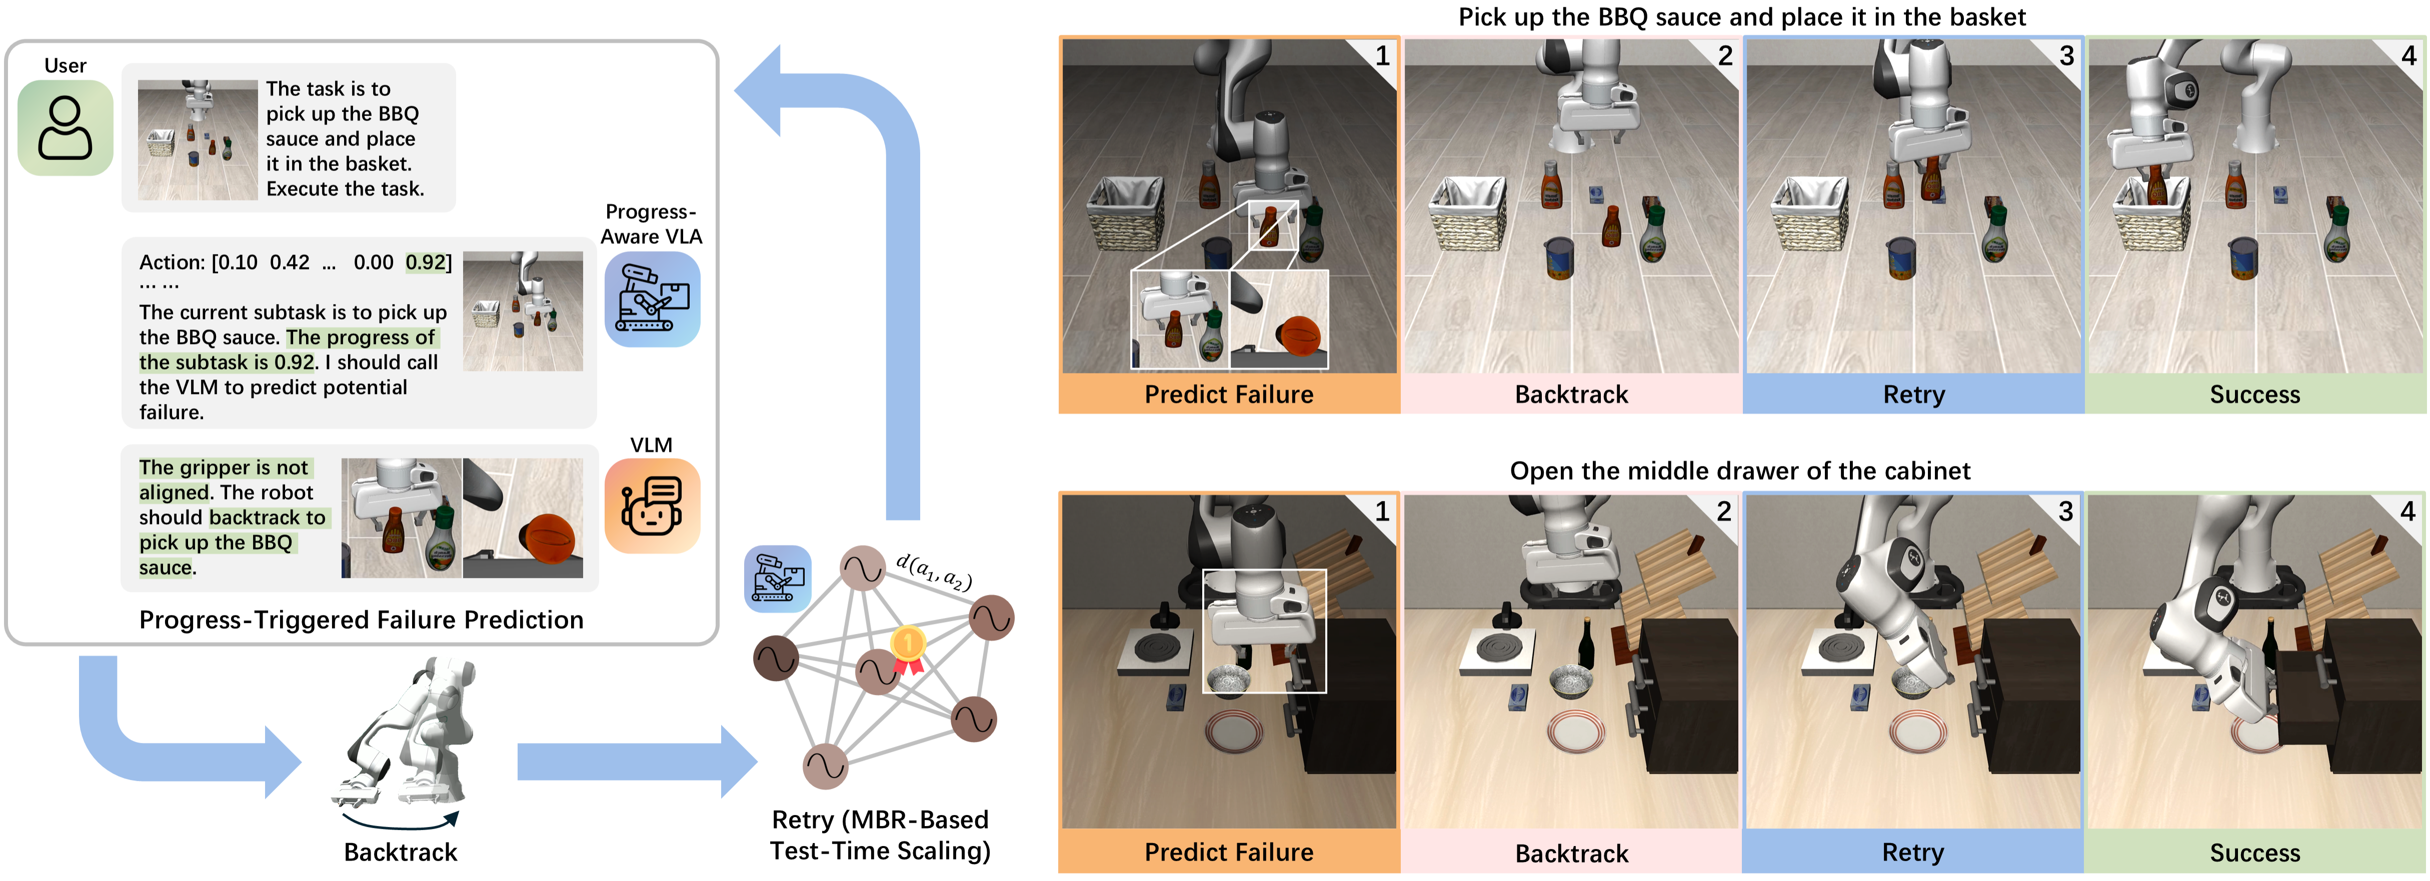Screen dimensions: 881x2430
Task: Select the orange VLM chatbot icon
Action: tap(652, 505)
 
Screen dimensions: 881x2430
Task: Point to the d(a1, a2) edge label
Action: tap(934, 570)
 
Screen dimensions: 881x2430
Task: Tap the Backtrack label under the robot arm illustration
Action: tap(400, 852)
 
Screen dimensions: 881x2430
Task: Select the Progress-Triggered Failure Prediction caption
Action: tap(361, 619)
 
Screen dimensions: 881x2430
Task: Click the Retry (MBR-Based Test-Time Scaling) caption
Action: tap(880, 835)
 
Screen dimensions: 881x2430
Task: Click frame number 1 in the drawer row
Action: tap(1382, 511)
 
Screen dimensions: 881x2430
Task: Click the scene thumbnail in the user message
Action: tap(197, 139)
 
